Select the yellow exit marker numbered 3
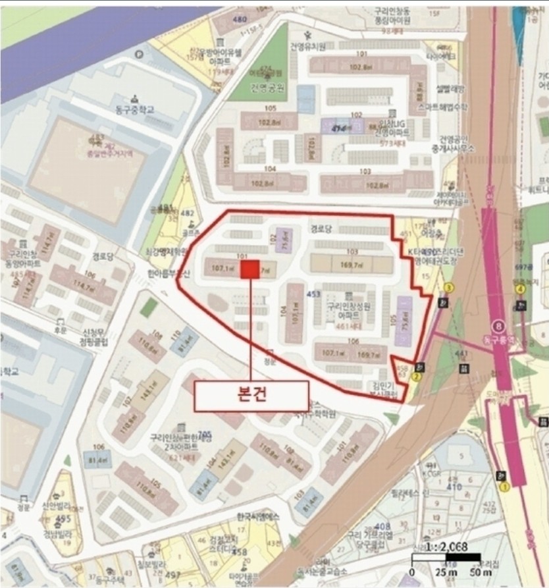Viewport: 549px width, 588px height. (450, 288)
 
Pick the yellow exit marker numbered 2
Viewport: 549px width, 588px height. (416, 377)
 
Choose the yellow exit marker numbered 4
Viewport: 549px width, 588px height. (520, 289)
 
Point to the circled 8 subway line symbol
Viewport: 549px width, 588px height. (499, 325)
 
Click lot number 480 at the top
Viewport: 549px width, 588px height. (240, 19)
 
